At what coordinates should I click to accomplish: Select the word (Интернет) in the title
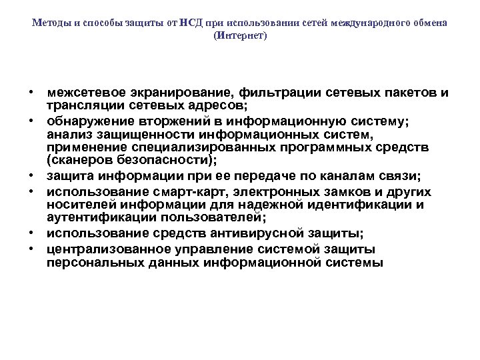pos(240,35)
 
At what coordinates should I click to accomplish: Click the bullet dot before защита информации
pos(31,176)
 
